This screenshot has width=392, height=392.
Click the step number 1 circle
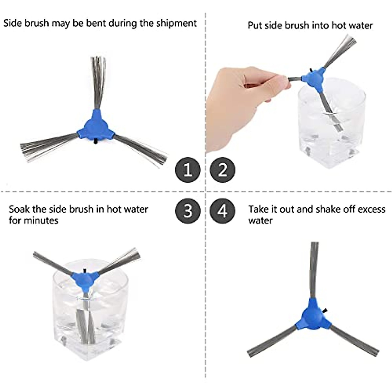188,170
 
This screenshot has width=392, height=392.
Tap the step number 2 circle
223,170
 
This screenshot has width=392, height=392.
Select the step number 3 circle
188,211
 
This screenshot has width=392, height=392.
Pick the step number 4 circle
223,211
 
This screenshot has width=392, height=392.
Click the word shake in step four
328,209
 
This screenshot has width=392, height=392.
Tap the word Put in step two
255,25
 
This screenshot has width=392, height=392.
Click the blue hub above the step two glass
312,78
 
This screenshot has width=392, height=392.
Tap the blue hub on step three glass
85,278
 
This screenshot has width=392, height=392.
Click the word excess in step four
372,209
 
